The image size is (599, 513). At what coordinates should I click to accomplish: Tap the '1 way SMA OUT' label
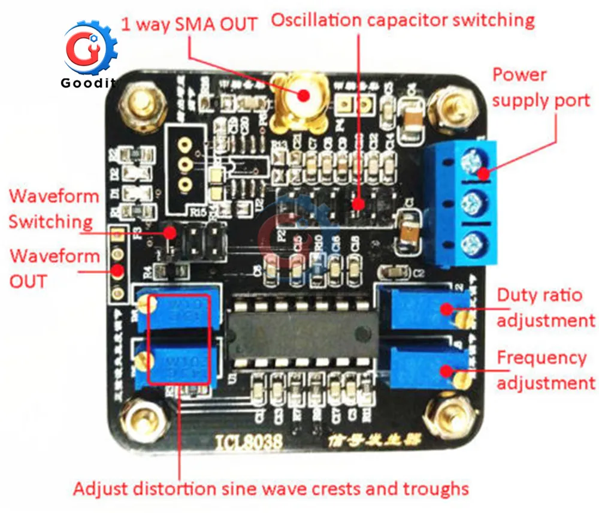point(189,25)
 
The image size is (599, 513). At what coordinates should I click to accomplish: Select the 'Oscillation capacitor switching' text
point(403,20)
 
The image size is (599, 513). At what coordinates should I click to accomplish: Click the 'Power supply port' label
point(540,87)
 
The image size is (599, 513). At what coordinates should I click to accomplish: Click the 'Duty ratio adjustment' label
point(546,307)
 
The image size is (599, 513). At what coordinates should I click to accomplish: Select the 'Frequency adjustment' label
point(546,370)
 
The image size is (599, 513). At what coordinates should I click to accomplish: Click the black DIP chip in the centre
point(302,334)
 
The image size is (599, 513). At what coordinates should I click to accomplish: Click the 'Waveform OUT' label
point(55,268)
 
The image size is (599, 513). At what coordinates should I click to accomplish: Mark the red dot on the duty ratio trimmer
point(446,309)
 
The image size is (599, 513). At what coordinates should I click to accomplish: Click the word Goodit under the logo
point(88,83)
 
